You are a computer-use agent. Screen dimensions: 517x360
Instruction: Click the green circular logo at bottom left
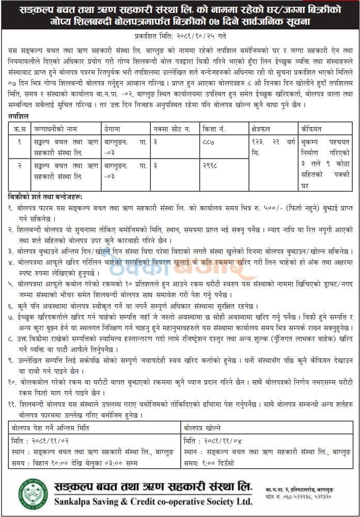coord(33,493)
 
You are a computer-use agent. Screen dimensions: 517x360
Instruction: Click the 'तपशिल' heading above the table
coord(19,117)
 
